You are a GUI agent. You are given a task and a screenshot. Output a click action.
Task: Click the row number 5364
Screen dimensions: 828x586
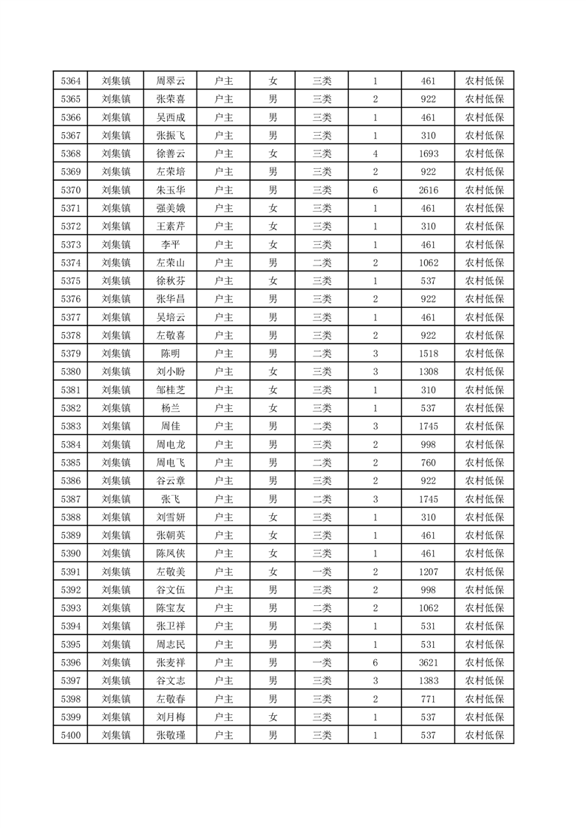tap(71, 81)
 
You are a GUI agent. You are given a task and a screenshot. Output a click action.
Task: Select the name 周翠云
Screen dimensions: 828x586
tap(171, 81)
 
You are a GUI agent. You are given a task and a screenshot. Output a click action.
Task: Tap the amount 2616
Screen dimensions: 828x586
tap(428, 190)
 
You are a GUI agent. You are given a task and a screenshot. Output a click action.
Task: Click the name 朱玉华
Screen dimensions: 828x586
tap(171, 190)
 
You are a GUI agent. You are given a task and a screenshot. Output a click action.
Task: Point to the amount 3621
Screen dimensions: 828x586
tap(428, 663)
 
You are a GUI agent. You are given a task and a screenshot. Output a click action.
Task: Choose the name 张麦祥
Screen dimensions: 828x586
tap(171, 663)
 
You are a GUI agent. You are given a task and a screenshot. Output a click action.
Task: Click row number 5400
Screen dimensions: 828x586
tap(71, 735)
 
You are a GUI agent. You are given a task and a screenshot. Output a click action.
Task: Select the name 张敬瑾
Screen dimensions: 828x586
tap(171, 735)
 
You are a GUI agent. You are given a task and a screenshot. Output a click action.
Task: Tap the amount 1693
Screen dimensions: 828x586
tap(428, 153)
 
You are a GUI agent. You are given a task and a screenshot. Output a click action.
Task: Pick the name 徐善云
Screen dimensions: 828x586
tap(171, 153)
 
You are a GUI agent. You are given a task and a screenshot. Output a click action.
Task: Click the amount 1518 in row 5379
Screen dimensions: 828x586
tap(428, 353)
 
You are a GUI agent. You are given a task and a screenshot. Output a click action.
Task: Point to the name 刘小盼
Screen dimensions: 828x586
tap(171, 372)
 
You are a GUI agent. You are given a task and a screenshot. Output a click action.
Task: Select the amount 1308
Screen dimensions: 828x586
tap(428, 372)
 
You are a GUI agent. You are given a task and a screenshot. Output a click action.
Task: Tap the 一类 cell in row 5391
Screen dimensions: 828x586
tap(321, 572)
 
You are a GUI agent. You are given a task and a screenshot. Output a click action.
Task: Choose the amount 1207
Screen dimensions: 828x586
tap(428, 572)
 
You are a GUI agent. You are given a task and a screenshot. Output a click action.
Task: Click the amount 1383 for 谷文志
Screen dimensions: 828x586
tap(428, 680)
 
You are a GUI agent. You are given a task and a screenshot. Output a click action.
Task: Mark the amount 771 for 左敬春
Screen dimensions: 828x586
tap(428, 699)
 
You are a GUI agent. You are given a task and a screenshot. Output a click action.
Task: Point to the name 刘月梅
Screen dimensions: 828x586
tap(171, 717)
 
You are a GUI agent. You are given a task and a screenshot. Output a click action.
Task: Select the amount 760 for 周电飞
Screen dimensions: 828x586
tap(428, 463)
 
